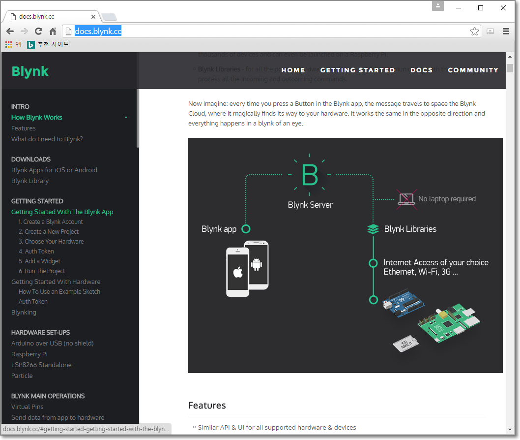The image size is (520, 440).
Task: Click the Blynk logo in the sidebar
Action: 30,71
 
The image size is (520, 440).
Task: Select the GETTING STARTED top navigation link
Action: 357,70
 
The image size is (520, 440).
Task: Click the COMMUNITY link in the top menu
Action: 473,70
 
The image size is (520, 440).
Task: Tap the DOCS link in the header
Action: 421,70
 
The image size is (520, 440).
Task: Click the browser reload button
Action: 38,31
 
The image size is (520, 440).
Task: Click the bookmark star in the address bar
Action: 474,31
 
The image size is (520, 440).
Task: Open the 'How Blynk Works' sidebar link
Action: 37,117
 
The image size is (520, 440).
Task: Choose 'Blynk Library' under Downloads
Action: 30,181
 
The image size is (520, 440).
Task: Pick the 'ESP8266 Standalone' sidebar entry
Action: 41,365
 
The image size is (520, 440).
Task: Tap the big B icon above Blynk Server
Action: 310,175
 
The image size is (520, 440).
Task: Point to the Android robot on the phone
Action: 256,264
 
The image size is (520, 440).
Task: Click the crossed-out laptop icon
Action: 406,199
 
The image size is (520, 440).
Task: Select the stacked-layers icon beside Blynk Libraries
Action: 373,229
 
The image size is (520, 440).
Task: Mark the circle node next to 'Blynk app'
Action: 246,229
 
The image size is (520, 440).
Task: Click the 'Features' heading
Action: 207,405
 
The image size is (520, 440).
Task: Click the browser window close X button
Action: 503,8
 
